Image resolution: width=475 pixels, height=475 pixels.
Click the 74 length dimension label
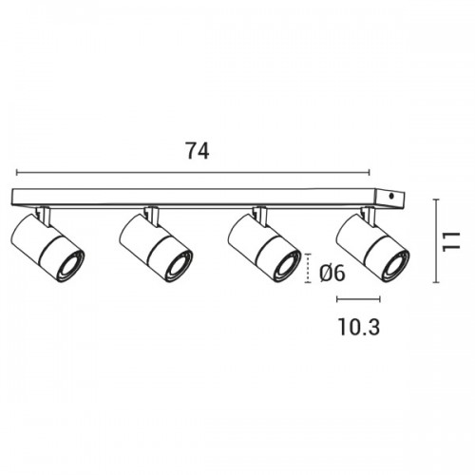click(x=197, y=151)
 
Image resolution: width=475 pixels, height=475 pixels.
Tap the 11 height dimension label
click(x=451, y=241)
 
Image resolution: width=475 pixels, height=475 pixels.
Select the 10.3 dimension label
click(x=359, y=327)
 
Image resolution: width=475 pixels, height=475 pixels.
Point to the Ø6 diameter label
click(x=332, y=273)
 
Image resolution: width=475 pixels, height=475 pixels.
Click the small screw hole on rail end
click(x=391, y=197)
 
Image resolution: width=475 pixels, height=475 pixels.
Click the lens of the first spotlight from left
click(x=70, y=266)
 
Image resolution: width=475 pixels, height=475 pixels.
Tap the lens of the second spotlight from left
click(x=179, y=266)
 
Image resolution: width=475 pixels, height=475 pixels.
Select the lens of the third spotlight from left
click(x=287, y=266)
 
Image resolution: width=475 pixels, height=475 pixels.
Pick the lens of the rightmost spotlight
click(x=395, y=266)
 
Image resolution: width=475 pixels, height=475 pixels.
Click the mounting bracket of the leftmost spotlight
click(x=44, y=216)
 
